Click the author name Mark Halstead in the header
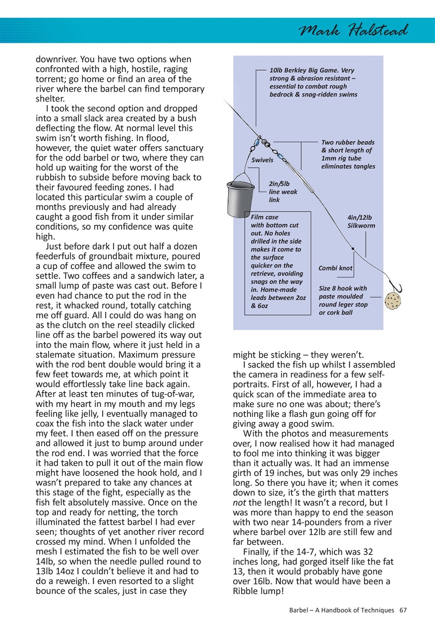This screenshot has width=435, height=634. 353,31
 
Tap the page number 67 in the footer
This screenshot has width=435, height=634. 403,610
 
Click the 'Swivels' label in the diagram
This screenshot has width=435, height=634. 262,160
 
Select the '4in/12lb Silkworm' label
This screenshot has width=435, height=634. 361,221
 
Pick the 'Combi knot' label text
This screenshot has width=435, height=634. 335,268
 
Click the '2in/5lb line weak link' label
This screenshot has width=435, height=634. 283,192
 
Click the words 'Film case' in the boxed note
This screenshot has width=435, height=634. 265,217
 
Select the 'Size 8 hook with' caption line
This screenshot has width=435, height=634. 343,288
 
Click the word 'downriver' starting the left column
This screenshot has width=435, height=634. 56,59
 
